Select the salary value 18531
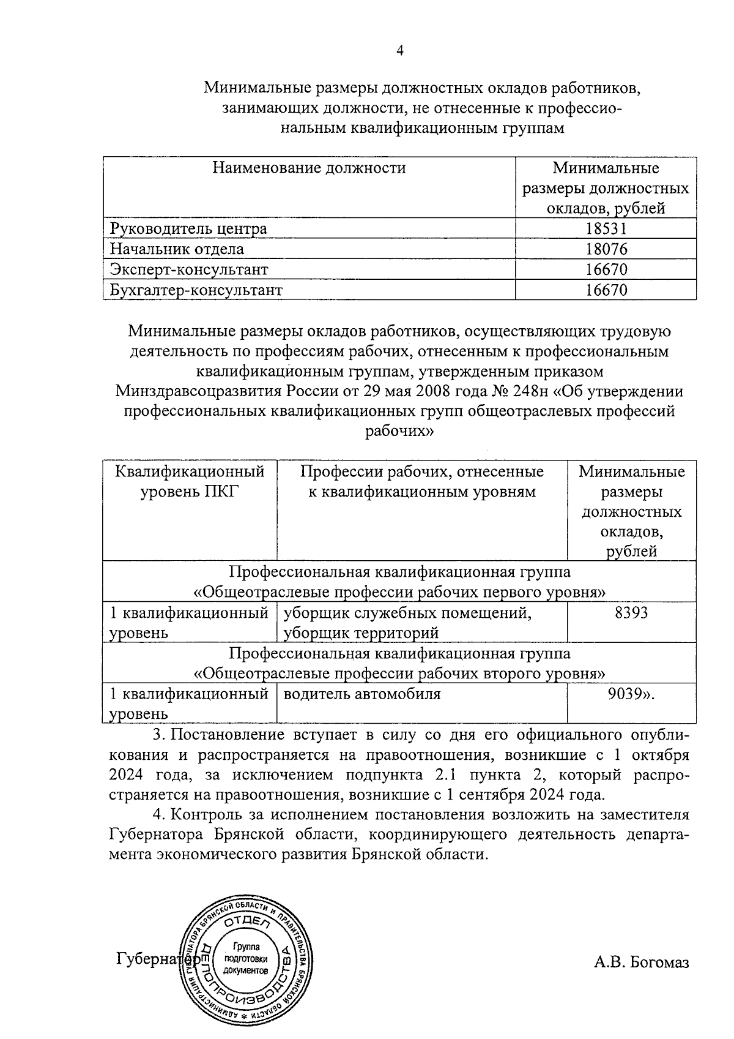pyautogui.click(x=606, y=229)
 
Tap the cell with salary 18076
pyautogui.click(x=606, y=249)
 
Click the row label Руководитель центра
pyautogui.click(x=188, y=229)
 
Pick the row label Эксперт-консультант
pyautogui.click(x=189, y=269)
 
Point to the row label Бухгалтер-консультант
pyautogui.click(x=196, y=290)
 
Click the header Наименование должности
pyautogui.click(x=309, y=168)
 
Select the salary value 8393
pyautogui.click(x=631, y=613)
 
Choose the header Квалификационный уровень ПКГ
pyautogui.click(x=190, y=482)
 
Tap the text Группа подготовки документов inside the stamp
pyautogui.click(x=246, y=959)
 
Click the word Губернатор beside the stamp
pyautogui.click(x=150, y=959)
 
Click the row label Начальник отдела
pyautogui.click(x=177, y=249)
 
